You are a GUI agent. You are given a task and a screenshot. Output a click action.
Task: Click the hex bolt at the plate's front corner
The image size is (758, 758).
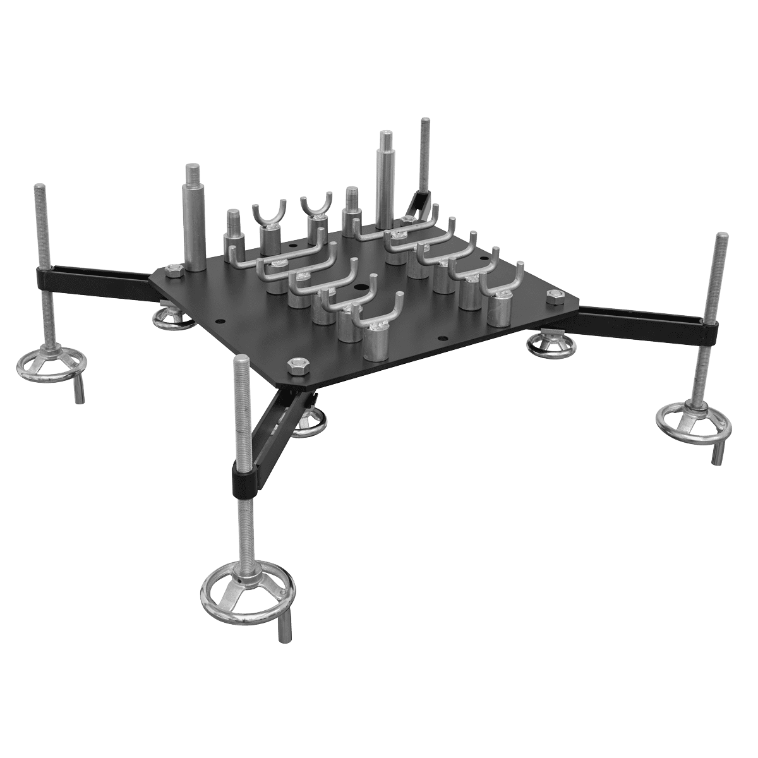(295, 364)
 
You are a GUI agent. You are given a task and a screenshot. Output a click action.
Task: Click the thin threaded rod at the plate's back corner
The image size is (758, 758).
(423, 158)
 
